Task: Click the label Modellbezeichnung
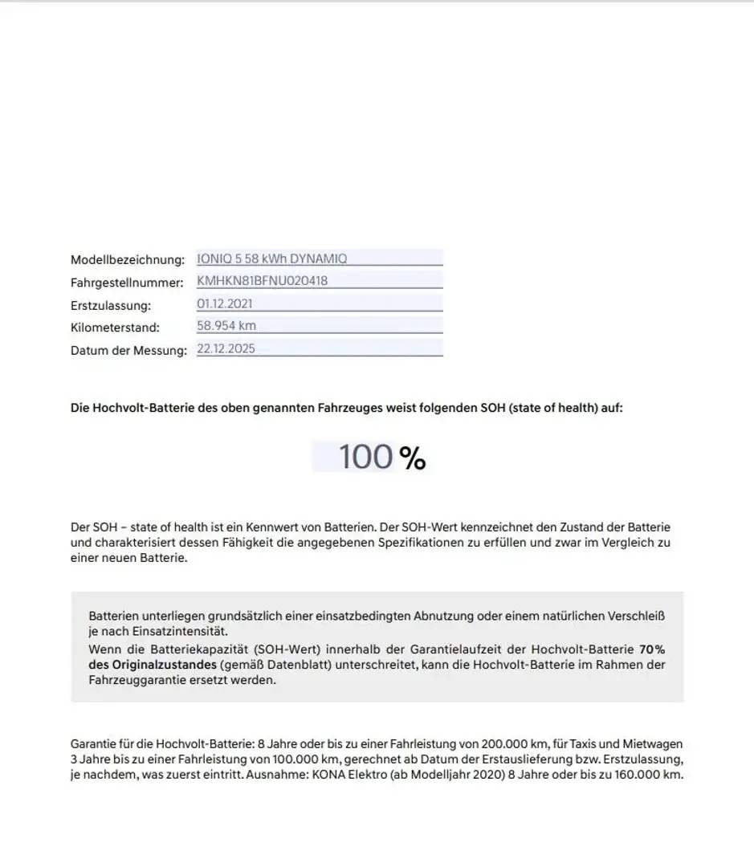point(128,260)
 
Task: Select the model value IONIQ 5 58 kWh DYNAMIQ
point(272,258)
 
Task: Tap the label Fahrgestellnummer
point(128,283)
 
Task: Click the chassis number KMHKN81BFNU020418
point(262,281)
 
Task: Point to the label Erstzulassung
point(111,305)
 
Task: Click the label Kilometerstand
point(115,328)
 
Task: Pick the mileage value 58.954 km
point(226,326)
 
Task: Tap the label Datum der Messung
point(128,350)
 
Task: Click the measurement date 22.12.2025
point(226,348)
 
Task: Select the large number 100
point(365,457)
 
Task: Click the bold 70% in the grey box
point(652,649)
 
